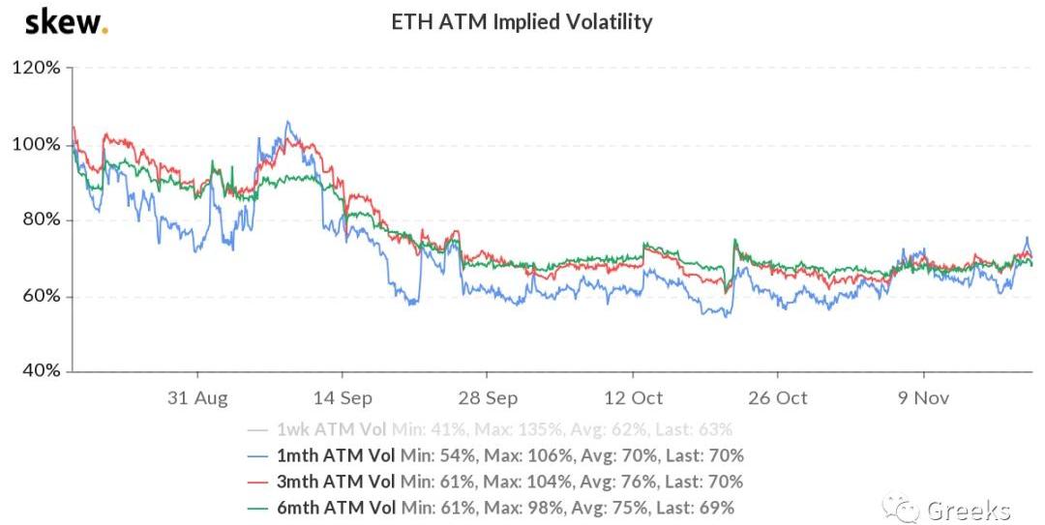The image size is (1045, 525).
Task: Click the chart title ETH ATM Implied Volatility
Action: pos(522,21)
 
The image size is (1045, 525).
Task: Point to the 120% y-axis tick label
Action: pos(37,69)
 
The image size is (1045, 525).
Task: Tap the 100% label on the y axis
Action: pos(37,144)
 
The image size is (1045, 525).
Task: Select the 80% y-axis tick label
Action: pos(39,219)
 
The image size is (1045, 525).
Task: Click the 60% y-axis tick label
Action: pos(39,296)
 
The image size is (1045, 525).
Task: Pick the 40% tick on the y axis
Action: pos(39,371)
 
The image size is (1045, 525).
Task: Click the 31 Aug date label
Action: pos(198,398)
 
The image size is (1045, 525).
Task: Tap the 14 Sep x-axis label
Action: pos(343,398)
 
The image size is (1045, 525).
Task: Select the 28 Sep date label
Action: pos(488,398)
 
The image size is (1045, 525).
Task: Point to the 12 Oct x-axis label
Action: pos(633,398)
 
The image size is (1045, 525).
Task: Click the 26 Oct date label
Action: pos(778,398)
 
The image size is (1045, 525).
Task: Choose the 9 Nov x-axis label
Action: pos(923,398)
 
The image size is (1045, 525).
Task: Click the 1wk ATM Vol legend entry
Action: pos(330,429)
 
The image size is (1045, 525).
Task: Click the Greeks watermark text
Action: pos(968,510)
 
